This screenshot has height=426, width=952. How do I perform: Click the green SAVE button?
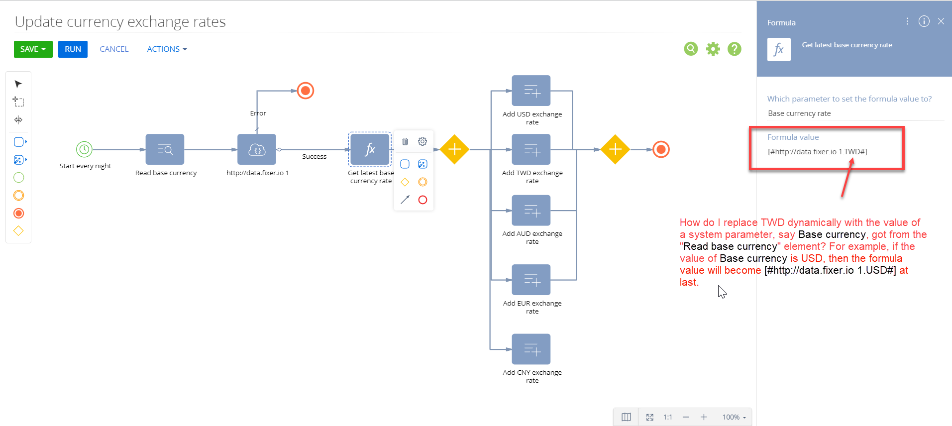click(x=33, y=49)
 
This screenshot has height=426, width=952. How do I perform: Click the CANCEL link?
click(x=114, y=49)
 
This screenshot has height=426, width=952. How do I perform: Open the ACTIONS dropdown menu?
click(x=167, y=49)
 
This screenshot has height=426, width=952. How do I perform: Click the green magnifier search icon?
click(x=691, y=49)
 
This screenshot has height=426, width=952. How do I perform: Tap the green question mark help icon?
click(x=735, y=49)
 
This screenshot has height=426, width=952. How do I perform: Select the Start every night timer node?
click(x=84, y=149)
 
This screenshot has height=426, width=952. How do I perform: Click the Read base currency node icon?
click(x=165, y=149)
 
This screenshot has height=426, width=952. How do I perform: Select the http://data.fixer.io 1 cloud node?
click(x=257, y=149)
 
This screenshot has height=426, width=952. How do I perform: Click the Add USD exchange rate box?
click(x=531, y=91)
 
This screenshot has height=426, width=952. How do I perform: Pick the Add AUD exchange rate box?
click(x=531, y=211)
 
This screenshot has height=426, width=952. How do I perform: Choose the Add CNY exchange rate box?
click(x=531, y=349)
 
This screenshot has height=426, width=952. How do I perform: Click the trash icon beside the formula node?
click(x=405, y=141)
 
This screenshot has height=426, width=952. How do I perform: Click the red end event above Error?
click(x=306, y=91)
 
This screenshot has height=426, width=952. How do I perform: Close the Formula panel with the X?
click(x=941, y=21)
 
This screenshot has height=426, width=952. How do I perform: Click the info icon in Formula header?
click(x=924, y=21)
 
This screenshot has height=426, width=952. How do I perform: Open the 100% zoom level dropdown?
click(x=734, y=417)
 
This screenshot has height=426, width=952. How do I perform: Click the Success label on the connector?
click(x=315, y=156)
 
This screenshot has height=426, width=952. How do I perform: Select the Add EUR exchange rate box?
click(x=531, y=280)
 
